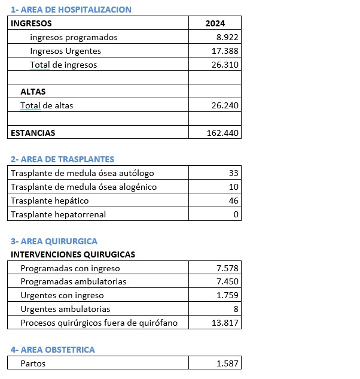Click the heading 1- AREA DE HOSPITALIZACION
[71, 10]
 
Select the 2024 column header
[215, 23]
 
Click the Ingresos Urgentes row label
[65, 51]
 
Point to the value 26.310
[225, 65]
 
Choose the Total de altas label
[47, 105]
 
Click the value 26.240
[225, 105]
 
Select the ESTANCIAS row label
[33, 133]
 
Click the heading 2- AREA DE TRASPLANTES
[62, 159]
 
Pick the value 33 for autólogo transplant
[233, 173]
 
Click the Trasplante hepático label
[50, 201]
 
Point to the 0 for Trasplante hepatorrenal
[236, 214]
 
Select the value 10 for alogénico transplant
[233, 187]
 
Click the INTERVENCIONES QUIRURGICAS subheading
[73, 254]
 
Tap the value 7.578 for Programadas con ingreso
[228, 268]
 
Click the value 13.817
[225, 323]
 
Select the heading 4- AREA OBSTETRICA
[53, 350]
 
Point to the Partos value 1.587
[228, 363]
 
